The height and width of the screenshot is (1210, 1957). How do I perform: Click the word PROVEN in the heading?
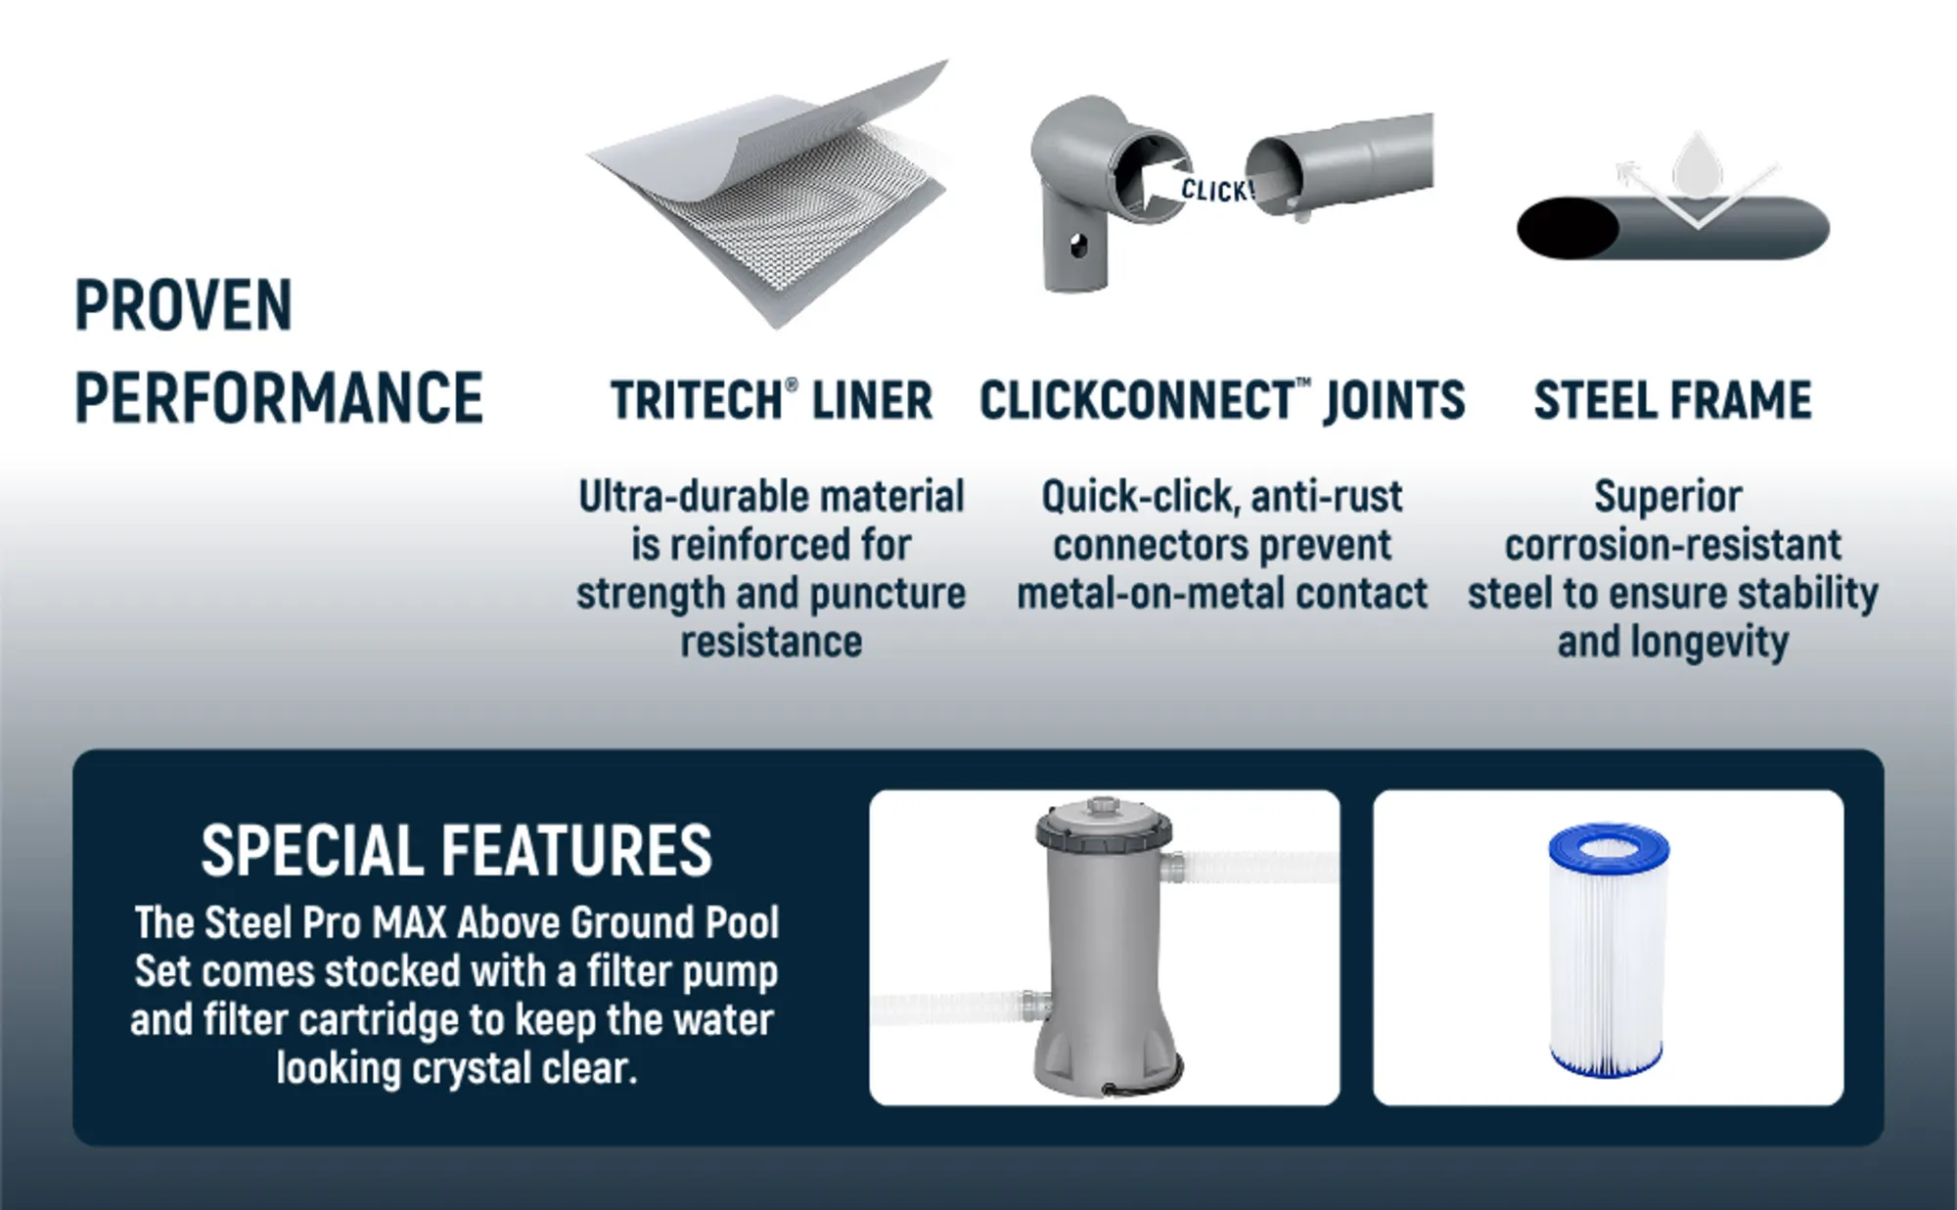184,305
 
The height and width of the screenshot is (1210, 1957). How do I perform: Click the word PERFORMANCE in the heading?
279,397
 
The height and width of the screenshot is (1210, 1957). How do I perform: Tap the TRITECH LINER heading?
771,400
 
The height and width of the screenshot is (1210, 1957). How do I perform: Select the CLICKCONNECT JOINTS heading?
1222,400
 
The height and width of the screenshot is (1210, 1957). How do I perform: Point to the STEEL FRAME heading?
1672,400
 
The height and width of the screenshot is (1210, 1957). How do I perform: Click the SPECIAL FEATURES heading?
456,850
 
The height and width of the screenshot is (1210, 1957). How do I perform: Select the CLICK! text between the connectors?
1216,191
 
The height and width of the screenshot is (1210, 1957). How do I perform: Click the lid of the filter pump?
1104,826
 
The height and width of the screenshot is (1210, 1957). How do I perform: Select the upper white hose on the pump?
1252,867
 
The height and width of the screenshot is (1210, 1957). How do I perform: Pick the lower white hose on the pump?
959,1008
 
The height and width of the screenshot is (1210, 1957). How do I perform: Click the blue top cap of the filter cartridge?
1609,844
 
